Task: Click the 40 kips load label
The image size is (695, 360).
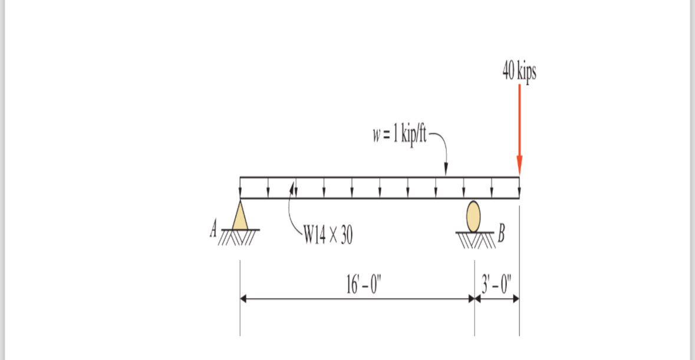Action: click(x=519, y=71)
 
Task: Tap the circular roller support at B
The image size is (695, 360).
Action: click(x=473, y=216)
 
